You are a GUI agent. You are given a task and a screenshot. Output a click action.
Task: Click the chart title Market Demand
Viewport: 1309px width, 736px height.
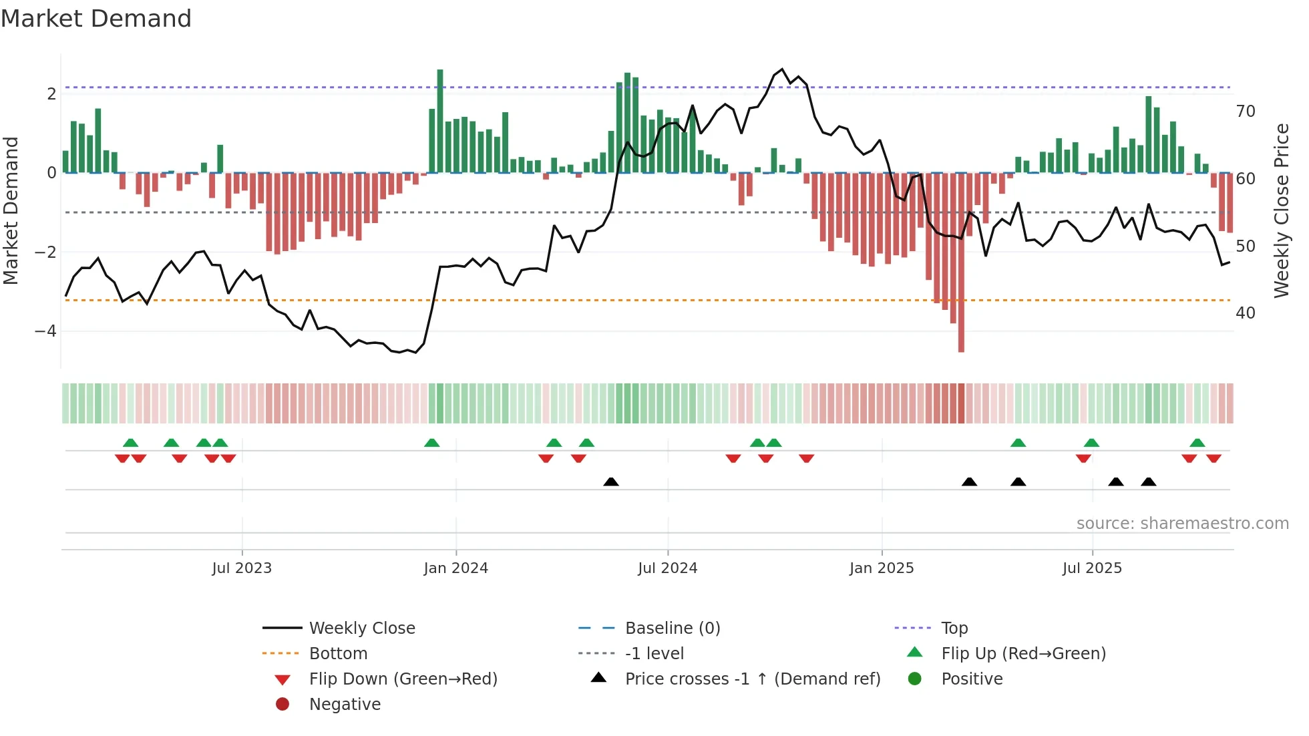coord(96,19)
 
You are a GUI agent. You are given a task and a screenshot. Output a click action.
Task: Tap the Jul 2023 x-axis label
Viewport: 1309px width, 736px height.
coord(242,568)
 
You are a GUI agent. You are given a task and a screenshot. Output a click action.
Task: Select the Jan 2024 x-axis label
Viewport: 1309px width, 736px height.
coord(455,568)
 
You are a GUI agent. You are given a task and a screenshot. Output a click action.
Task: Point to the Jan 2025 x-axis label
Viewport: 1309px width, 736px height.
coord(881,568)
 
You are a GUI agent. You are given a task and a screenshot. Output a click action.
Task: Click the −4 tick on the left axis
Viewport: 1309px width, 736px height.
coord(45,331)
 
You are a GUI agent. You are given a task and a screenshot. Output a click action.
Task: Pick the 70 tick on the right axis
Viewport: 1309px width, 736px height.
coord(1245,112)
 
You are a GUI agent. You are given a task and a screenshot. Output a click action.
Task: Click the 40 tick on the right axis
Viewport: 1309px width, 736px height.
coord(1245,313)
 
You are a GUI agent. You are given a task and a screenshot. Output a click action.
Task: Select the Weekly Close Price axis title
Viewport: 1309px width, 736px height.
coord(1281,210)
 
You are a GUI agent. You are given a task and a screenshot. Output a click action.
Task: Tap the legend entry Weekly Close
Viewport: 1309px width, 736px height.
coord(361,628)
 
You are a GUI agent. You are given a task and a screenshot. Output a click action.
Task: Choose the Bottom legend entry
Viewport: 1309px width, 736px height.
coord(338,654)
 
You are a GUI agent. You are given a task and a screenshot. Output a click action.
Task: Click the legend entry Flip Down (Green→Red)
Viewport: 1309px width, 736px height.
coord(403,679)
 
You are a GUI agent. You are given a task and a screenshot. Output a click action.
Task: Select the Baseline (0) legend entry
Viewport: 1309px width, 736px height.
coord(672,628)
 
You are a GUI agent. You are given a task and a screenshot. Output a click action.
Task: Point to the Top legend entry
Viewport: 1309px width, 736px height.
coord(954,628)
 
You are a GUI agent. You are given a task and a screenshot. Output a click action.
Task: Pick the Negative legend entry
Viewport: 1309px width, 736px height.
coord(345,705)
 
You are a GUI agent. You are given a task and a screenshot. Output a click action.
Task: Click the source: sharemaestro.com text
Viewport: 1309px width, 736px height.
coord(1182,524)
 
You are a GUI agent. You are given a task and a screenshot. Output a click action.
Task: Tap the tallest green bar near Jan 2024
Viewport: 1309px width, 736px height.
coord(440,120)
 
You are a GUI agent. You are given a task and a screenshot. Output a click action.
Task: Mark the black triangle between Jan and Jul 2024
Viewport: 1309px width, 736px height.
coord(610,482)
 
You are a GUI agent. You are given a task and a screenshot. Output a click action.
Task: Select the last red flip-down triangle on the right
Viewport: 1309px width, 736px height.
coord(1213,458)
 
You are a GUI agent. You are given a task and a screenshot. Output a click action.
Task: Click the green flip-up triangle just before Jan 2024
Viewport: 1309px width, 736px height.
coord(432,443)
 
